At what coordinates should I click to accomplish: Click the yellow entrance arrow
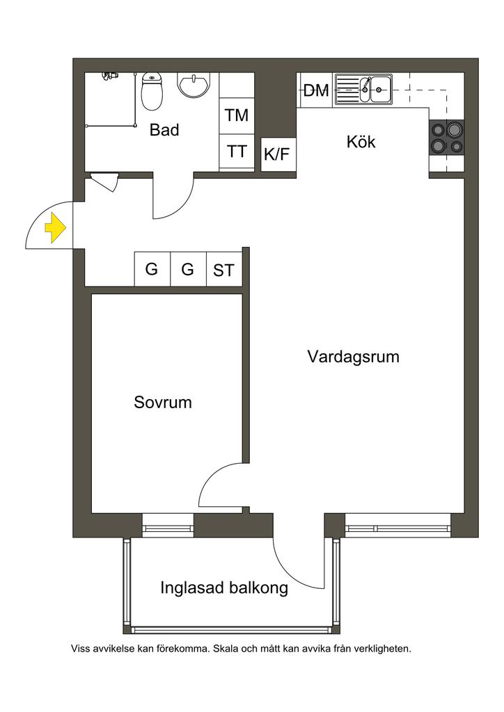click(x=55, y=228)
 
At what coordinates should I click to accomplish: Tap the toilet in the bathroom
click(x=151, y=92)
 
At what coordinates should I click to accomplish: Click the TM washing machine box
click(x=237, y=115)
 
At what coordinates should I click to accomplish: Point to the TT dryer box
click(x=237, y=151)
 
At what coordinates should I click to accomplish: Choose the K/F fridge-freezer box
click(x=277, y=155)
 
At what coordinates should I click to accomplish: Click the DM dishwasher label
click(x=316, y=90)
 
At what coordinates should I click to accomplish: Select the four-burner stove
click(x=446, y=137)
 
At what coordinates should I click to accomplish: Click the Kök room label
click(x=361, y=142)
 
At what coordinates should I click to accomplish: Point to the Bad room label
click(x=164, y=130)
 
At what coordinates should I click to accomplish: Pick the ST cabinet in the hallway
click(x=224, y=270)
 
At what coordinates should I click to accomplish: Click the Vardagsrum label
click(x=353, y=357)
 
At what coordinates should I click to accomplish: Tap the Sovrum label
click(x=163, y=403)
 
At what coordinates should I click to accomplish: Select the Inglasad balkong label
click(x=224, y=588)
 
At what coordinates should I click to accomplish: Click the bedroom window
click(x=168, y=526)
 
